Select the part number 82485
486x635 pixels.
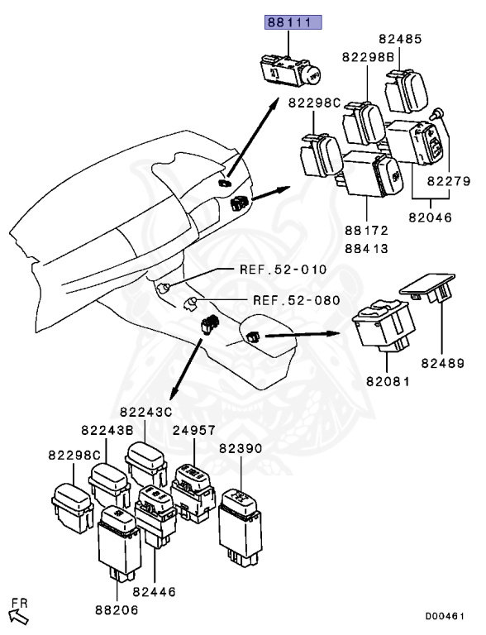pyautogui.click(x=401, y=38)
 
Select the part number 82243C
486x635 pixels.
pyautogui.click(x=146, y=411)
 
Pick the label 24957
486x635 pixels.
pyautogui.click(x=195, y=430)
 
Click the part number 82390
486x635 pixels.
pyautogui.click(x=241, y=447)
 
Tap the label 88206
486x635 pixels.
pyautogui.click(x=115, y=609)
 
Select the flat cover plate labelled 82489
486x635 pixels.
pyautogui.click(x=427, y=284)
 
